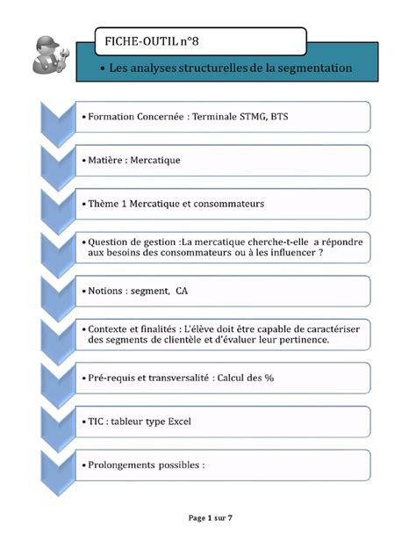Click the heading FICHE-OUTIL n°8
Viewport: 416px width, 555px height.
coord(156,40)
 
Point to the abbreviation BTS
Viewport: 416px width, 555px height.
coord(278,116)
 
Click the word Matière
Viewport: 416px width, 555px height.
coord(107,160)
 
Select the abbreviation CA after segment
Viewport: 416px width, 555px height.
coord(182,290)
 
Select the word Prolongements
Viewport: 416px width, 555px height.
coord(125,465)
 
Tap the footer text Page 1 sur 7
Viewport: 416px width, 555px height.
coord(210,518)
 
